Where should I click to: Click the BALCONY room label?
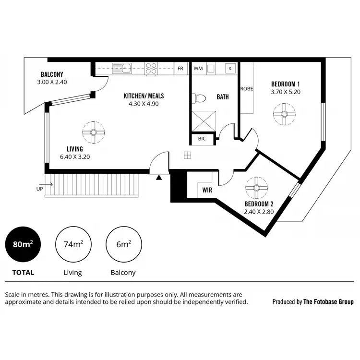[52, 74]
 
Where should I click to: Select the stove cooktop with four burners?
[152, 69]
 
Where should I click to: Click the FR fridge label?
[180, 69]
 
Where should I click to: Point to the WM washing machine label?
[198, 69]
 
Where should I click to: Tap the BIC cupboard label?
[202, 139]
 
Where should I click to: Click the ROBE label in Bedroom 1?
[247, 88]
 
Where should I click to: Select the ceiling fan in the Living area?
[92, 130]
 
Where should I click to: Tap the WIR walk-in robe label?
[207, 190]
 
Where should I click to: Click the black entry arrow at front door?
[159, 177]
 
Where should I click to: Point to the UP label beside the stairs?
[39, 189]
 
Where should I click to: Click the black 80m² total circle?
[23, 244]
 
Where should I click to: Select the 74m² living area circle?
[73, 244]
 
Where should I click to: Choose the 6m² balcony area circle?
[123, 244]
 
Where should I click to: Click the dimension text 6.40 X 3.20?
[75, 156]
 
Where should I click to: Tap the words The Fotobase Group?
[328, 302]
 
